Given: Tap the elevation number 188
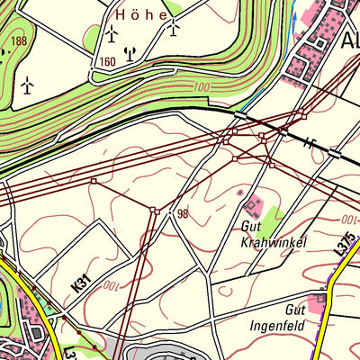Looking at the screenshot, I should point(17,41).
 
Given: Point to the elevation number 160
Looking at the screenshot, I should point(108,62).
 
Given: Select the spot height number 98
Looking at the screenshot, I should point(183,213).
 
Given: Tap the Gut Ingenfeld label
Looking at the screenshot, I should point(278,316).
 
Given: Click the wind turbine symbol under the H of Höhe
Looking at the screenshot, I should point(112,34).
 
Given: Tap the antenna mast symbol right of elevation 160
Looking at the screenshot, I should point(130,53).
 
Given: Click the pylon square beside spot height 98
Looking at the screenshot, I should point(155,211).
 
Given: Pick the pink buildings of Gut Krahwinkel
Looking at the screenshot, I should point(255,208).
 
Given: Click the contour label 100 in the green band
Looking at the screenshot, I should point(199,87).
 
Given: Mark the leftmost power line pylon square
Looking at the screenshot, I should point(93,181).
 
